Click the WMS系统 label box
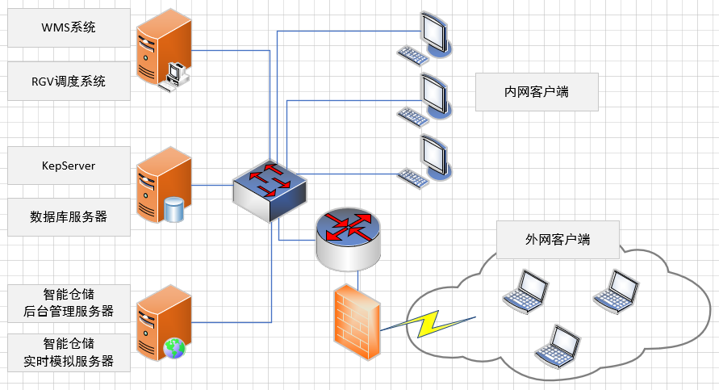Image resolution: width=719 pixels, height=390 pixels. coord(69,27)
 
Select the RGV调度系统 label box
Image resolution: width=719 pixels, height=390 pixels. coord(69,81)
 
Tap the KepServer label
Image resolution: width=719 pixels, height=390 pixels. coord(69,166)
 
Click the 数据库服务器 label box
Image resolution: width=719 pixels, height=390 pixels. coord(69,216)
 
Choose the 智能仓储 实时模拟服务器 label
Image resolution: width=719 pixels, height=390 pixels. coord(69,352)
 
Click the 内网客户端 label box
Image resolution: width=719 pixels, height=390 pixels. coord(537,92)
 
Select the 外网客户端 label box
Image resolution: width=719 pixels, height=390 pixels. coord(558,240)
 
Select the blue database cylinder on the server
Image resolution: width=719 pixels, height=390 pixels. coord(174,210)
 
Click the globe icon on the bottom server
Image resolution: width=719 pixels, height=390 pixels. coord(174,348)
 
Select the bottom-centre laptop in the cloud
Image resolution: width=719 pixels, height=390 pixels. coord(558,345)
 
